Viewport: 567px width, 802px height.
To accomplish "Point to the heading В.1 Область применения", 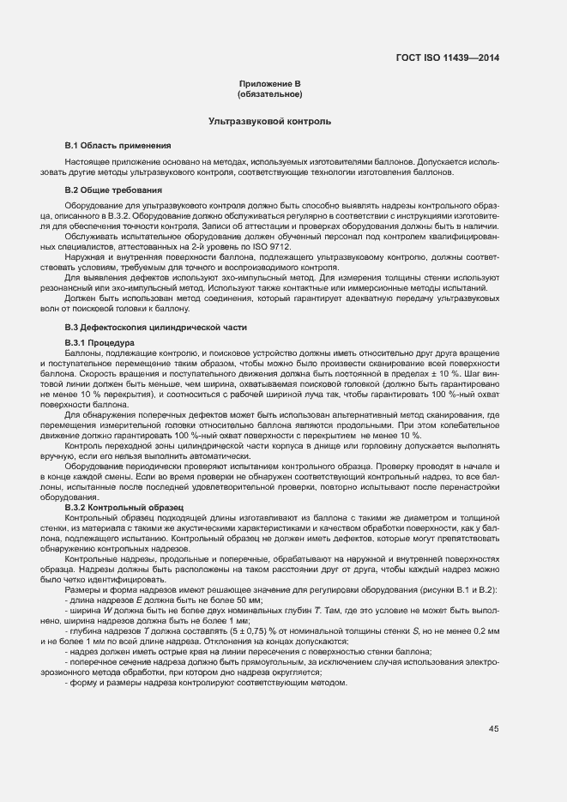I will click(x=118, y=145).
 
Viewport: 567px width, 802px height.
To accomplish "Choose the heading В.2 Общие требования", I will click(x=114, y=189).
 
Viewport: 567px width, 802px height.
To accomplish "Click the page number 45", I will click(x=494, y=729).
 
